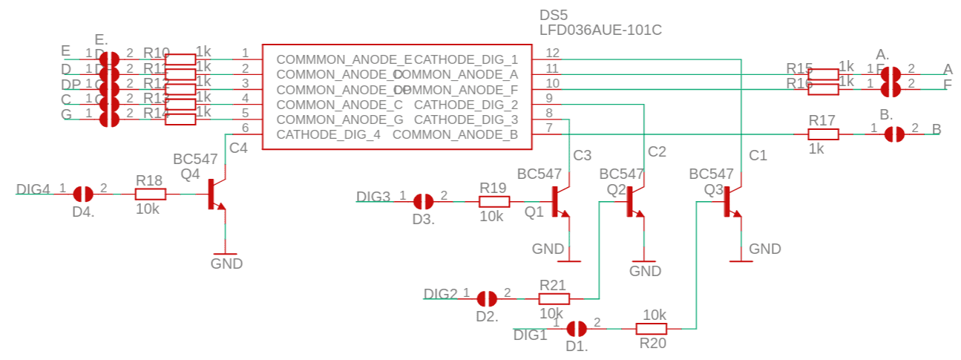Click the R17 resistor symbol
(x=823, y=134)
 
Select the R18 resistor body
(x=151, y=194)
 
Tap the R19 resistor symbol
(x=494, y=201)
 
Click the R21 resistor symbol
(x=554, y=298)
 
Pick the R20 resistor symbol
(x=652, y=328)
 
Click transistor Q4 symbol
(x=215, y=194)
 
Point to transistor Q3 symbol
(x=730, y=202)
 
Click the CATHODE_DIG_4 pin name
(x=328, y=134)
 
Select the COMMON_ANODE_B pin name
(x=455, y=134)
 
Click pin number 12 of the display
(x=552, y=53)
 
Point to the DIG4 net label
(x=33, y=189)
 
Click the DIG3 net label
(x=373, y=197)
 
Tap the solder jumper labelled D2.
(x=487, y=298)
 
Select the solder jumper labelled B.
(x=895, y=134)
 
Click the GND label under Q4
(x=226, y=264)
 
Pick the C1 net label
(x=758, y=156)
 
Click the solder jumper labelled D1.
(x=577, y=328)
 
